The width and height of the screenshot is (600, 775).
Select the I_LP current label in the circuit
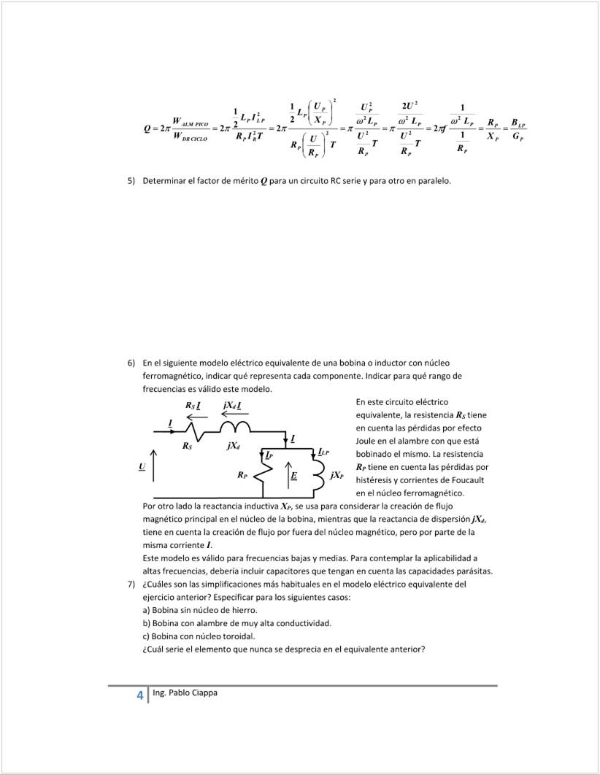coord(324,453)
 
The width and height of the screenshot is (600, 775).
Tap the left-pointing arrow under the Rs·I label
coord(198,417)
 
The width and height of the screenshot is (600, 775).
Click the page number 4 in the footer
coord(139,695)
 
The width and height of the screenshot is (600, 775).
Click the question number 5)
coord(132,180)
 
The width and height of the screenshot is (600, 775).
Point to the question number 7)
coord(132,585)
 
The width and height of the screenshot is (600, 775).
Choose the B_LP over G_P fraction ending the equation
coord(518,129)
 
